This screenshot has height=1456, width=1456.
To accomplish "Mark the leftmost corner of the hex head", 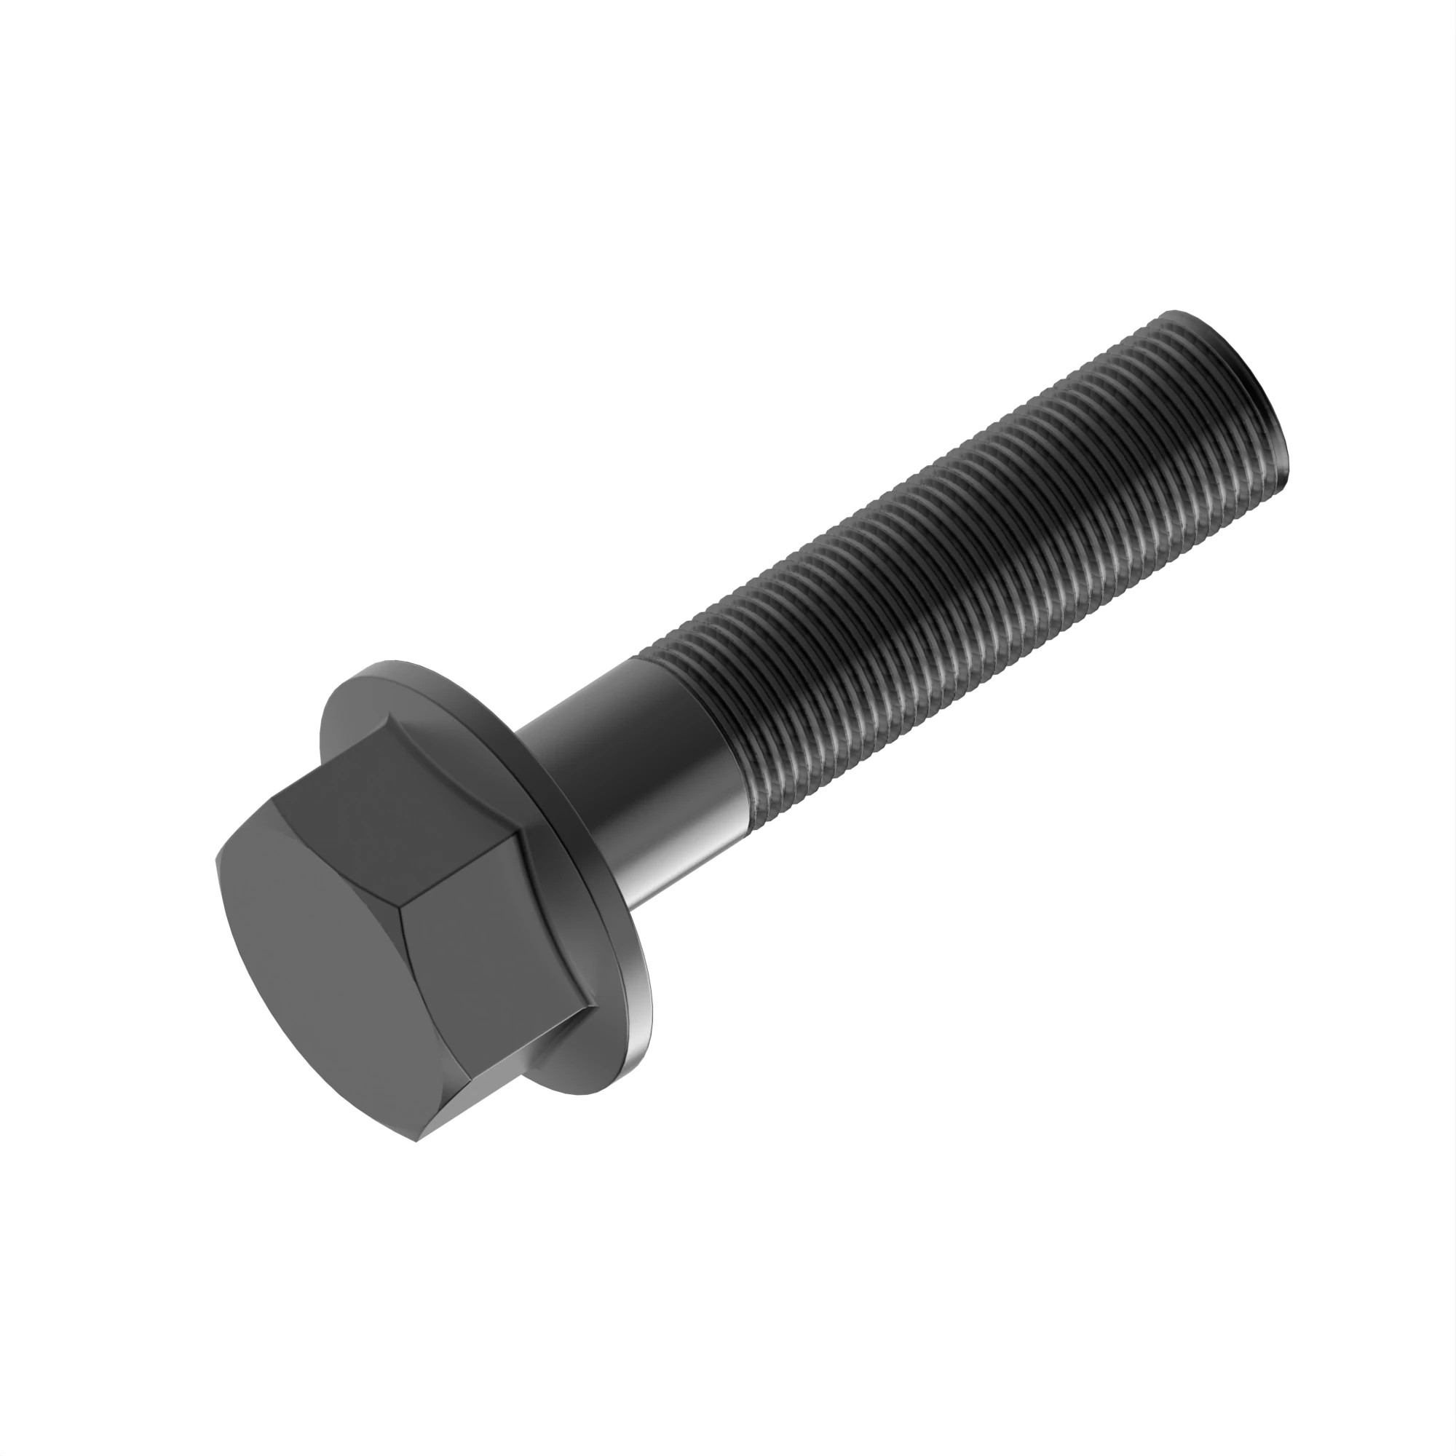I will click(x=216, y=861).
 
